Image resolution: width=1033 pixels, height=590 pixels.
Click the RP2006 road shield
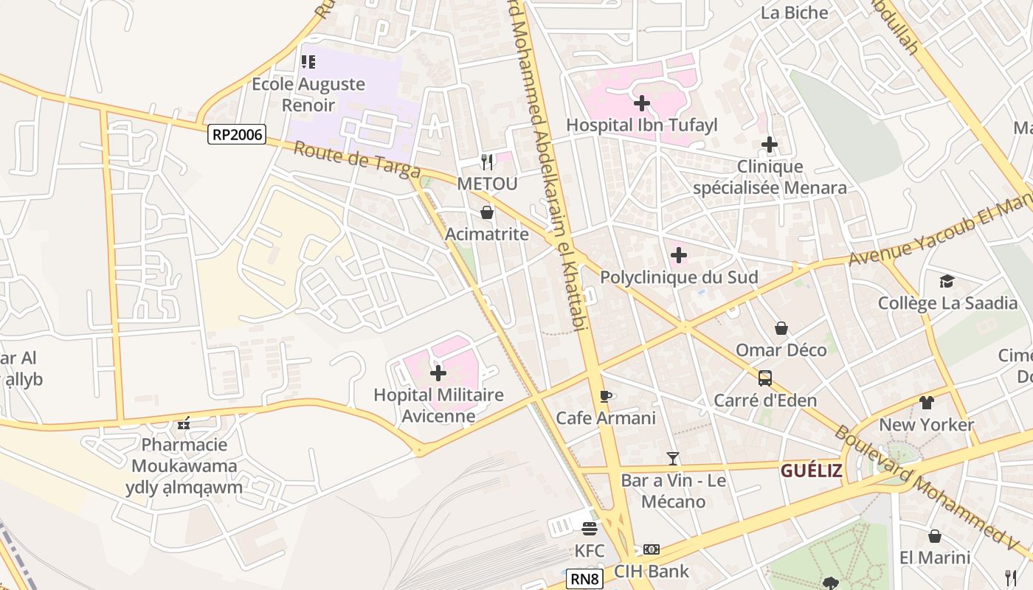pyautogui.click(x=237, y=134)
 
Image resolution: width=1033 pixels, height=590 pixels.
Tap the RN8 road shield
pyautogui.click(x=585, y=579)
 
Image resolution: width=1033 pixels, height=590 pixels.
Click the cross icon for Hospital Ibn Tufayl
pyautogui.click(x=642, y=103)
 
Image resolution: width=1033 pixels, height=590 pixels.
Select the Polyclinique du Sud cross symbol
pyautogui.click(x=679, y=256)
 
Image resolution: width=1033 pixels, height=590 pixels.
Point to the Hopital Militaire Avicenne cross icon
pyautogui.click(x=438, y=372)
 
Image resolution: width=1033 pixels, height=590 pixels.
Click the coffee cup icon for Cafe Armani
pyautogui.click(x=606, y=397)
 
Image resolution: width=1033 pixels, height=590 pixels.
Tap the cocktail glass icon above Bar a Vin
pyautogui.click(x=673, y=459)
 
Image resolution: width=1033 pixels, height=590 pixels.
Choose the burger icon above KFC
pyautogui.click(x=589, y=529)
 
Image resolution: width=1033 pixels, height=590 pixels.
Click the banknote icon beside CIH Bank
pyautogui.click(x=652, y=549)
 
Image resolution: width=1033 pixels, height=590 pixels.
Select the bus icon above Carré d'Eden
pyautogui.click(x=765, y=378)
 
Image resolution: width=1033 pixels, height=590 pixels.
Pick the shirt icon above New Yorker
pyautogui.click(x=927, y=403)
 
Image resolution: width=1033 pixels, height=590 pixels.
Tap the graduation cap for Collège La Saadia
pyautogui.click(x=947, y=281)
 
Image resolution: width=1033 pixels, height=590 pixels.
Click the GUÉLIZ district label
pyautogui.click(x=812, y=471)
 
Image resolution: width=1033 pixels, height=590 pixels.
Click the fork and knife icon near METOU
pyautogui.click(x=486, y=162)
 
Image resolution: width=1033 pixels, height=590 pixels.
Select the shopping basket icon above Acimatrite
pyautogui.click(x=487, y=212)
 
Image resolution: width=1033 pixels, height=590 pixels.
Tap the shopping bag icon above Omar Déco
pyautogui.click(x=781, y=328)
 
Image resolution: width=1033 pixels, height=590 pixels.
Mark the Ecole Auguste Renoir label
pyautogui.click(x=308, y=94)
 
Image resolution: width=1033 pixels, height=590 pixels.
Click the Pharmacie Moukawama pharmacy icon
pyautogui.click(x=184, y=423)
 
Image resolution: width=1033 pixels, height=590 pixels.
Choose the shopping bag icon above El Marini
pyautogui.click(x=935, y=536)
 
